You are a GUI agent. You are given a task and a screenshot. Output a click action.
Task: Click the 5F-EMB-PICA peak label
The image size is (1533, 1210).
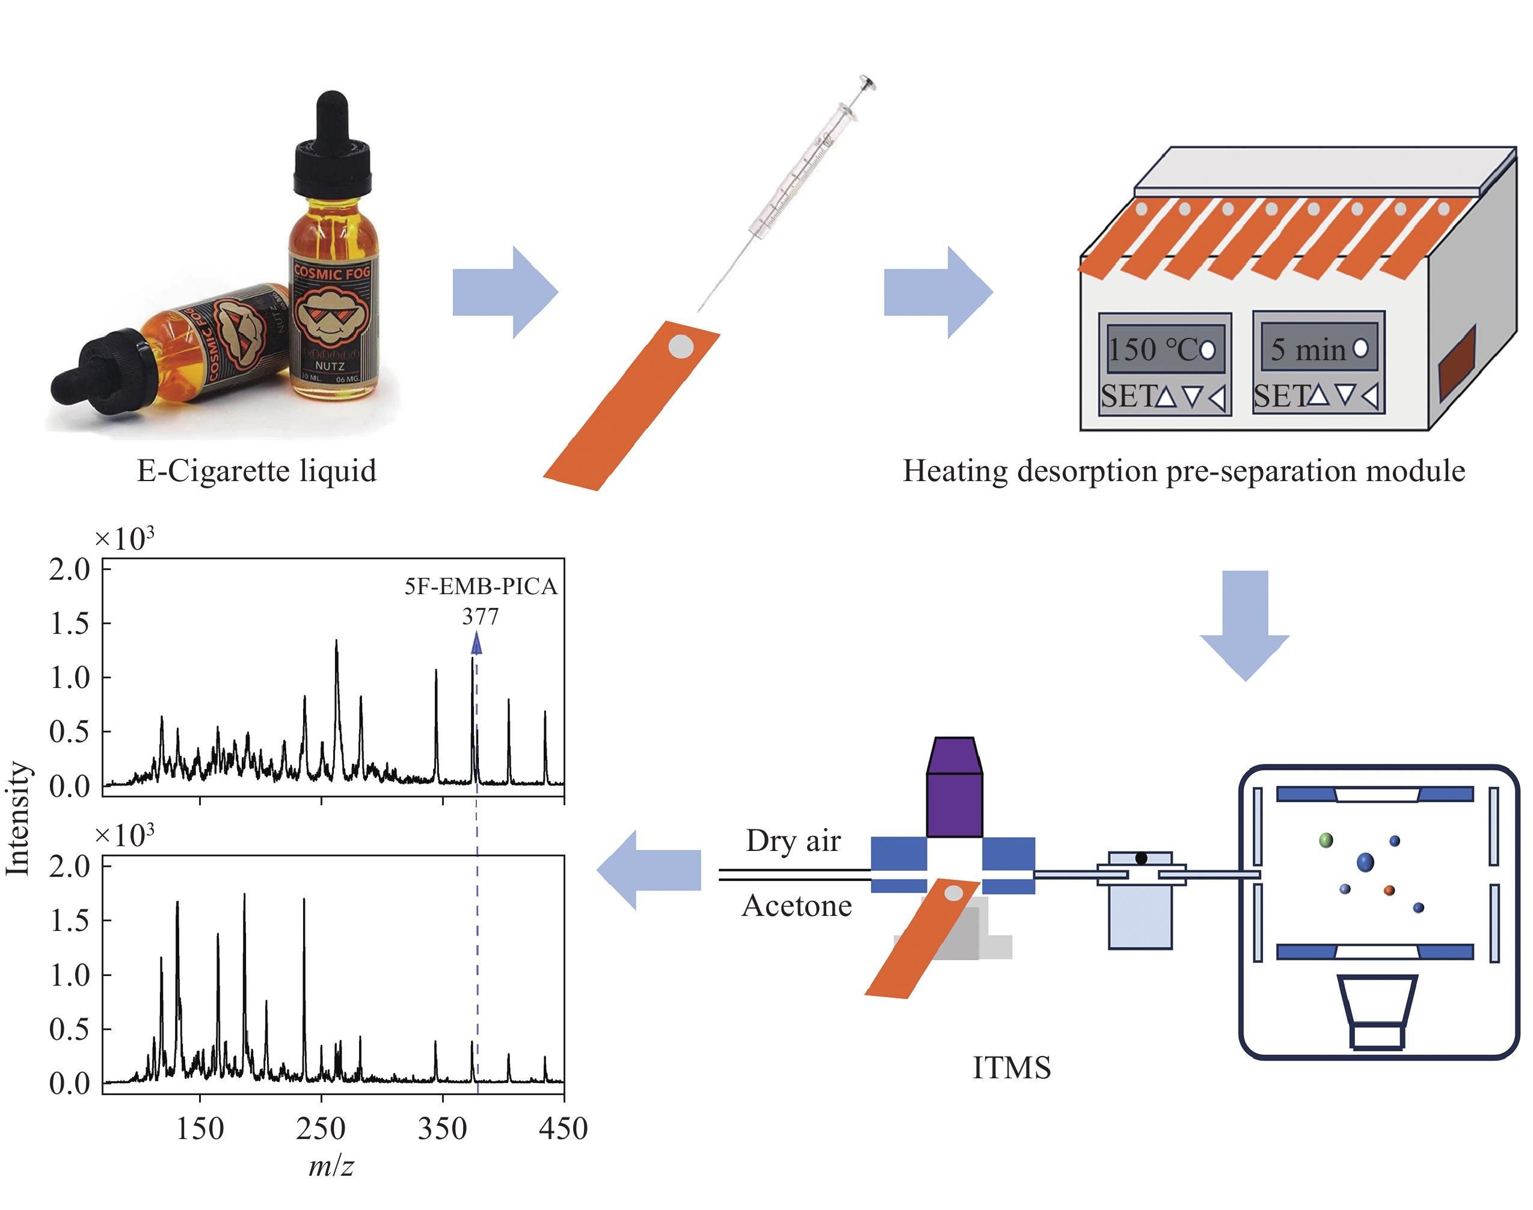click(x=481, y=586)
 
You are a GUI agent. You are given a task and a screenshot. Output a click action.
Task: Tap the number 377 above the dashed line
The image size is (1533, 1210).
click(x=481, y=616)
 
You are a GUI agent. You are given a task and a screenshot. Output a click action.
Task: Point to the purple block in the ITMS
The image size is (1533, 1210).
click(x=954, y=793)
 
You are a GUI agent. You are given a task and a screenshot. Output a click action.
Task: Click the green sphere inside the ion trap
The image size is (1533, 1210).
click(x=1326, y=840)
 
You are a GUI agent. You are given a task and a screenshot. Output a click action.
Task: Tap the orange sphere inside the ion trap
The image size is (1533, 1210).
click(x=1389, y=891)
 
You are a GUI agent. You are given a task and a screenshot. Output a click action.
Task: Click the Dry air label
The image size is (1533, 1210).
click(x=793, y=841)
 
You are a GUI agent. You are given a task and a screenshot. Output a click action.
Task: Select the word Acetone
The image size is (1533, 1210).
click(x=796, y=906)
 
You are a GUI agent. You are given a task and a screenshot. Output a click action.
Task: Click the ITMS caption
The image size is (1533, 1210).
click(x=1011, y=1067)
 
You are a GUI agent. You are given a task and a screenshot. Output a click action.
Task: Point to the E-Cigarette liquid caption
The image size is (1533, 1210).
click(x=256, y=471)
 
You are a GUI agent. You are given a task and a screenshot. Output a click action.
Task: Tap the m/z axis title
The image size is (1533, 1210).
click(x=331, y=1166)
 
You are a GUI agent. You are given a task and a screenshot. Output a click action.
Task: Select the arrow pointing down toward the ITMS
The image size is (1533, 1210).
click(x=1245, y=624)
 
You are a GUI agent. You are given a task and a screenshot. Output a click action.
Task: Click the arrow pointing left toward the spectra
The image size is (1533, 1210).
click(x=648, y=870)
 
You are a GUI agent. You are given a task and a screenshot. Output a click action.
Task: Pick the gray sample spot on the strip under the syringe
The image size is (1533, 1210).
click(x=681, y=346)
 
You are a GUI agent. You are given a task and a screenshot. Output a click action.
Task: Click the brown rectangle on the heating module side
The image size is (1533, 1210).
click(x=1457, y=363)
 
